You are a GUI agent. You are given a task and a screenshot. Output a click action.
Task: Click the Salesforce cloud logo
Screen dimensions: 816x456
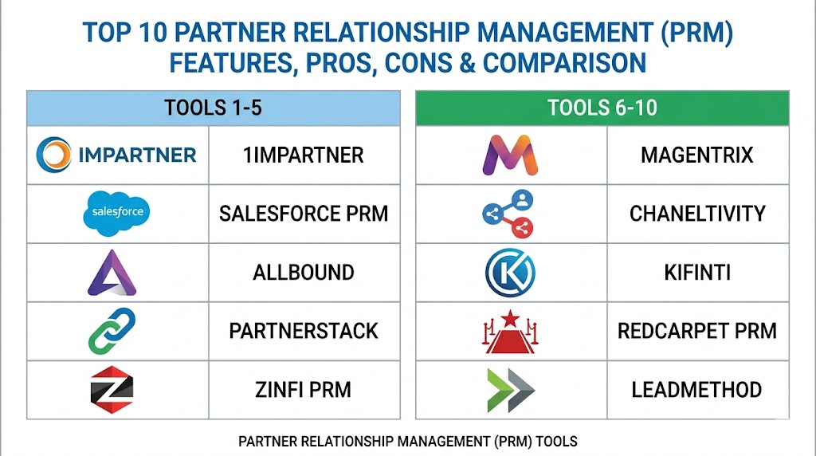(x=116, y=213)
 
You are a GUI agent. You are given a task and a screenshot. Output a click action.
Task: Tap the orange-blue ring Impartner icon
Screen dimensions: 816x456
(x=53, y=155)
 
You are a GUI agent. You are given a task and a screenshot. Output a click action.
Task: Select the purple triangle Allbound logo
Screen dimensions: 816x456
(x=112, y=273)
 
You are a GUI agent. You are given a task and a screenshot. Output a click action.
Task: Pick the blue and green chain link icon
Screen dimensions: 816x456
(x=112, y=331)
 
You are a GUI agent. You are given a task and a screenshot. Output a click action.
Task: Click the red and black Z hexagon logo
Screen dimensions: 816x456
(x=112, y=389)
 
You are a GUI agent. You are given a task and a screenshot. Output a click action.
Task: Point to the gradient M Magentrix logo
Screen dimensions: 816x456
(x=510, y=155)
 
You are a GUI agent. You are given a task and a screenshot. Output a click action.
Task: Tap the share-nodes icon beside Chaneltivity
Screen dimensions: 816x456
(x=508, y=214)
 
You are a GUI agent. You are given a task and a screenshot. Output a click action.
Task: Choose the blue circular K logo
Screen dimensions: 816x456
(x=510, y=273)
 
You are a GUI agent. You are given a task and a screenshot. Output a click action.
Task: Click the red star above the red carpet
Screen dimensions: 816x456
(x=511, y=317)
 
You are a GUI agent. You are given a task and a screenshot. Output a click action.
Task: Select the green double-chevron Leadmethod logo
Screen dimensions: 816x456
(x=511, y=390)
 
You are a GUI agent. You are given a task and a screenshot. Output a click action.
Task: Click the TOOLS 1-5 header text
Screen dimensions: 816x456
(x=213, y=108)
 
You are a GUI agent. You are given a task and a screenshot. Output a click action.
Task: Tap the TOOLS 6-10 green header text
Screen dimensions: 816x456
(x=602, y=108)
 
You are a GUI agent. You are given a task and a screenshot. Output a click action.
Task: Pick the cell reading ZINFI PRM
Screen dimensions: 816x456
(x=304, y=390)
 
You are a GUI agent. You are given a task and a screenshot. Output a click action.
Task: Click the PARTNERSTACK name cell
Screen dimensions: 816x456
(x=304, y=331)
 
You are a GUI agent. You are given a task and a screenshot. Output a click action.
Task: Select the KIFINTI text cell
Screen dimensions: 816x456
(x=698, y=273)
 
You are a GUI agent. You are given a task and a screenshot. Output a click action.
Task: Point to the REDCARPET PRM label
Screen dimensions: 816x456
(x=697, y=331)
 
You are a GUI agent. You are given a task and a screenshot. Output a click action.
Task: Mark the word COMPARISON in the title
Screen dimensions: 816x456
(x=565, y=63)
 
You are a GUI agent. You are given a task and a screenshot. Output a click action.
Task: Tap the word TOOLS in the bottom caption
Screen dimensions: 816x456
(x=557, y=442)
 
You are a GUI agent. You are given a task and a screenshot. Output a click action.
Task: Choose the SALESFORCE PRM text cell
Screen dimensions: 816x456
(x=304, y=214)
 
